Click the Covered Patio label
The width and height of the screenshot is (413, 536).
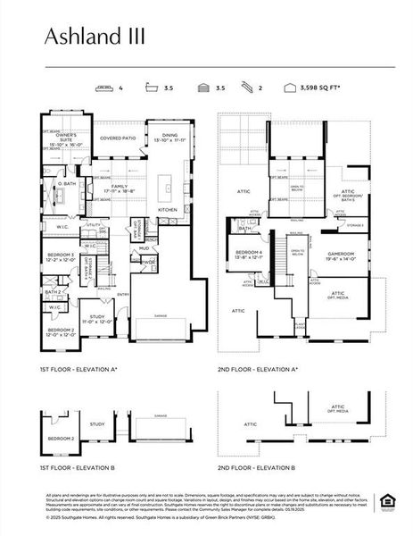click(x=117, y=139)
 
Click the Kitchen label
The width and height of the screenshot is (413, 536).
click(x=168, y=209)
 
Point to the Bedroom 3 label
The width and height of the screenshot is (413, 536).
click(x=61, y=257)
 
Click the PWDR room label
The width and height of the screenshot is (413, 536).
click(x=146, y=262)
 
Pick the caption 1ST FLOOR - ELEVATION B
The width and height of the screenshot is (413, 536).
click(x=78, y=467)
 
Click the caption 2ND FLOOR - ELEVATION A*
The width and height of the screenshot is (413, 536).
click(x=257, y=369)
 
